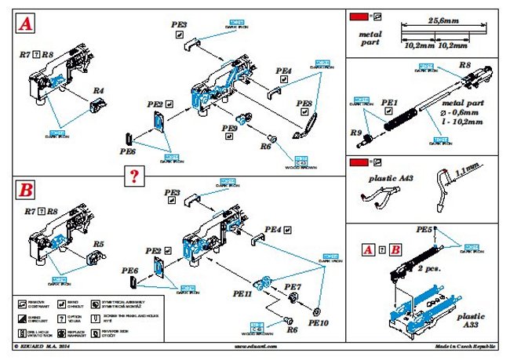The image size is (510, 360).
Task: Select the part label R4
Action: tap(98, 91)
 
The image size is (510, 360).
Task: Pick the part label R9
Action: tap(355, 133)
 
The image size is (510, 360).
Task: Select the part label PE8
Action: tap(304, 104)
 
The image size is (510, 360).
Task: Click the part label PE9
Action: tap(230, 128)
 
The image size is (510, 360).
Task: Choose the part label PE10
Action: tap(318, 321)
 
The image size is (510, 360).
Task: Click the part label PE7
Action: tap(293, 287)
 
